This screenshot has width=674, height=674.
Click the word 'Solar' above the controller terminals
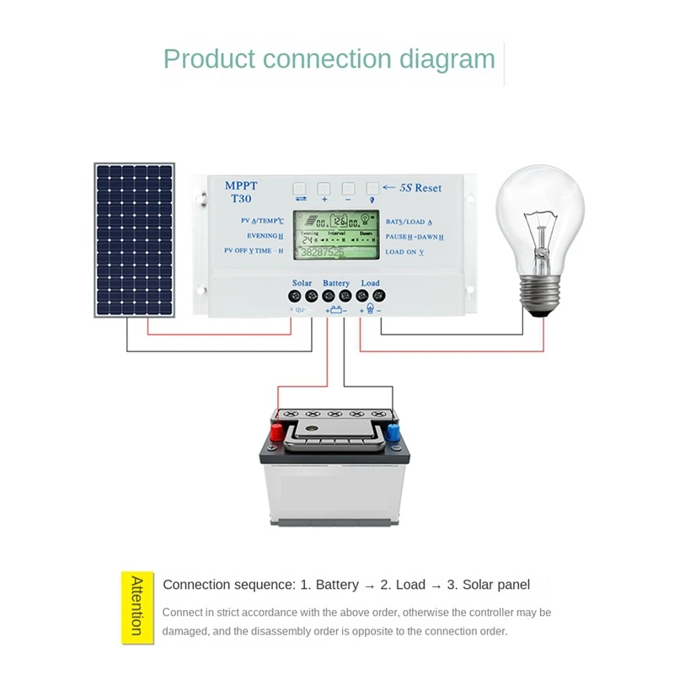click(x=302, y=283)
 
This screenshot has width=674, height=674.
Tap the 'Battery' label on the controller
click(x=336, y=283)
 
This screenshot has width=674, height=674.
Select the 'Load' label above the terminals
click(x=370, y=283)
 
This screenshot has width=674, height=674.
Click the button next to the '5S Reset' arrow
click(x=372, y=188)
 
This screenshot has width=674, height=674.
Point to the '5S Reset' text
click(x=419, y=188)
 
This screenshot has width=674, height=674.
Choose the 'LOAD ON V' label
click(x=404, y=252)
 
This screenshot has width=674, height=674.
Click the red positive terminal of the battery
click(x=275, y=433)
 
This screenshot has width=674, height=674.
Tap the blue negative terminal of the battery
click(x=393, y=432)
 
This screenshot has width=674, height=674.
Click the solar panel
click(x=135, y=239)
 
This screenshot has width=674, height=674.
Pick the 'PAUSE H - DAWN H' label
click(x=415, y=237)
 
